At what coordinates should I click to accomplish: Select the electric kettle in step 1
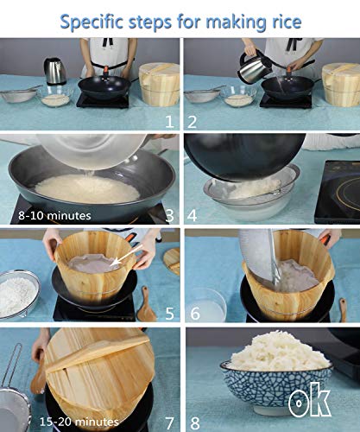(55, 72)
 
